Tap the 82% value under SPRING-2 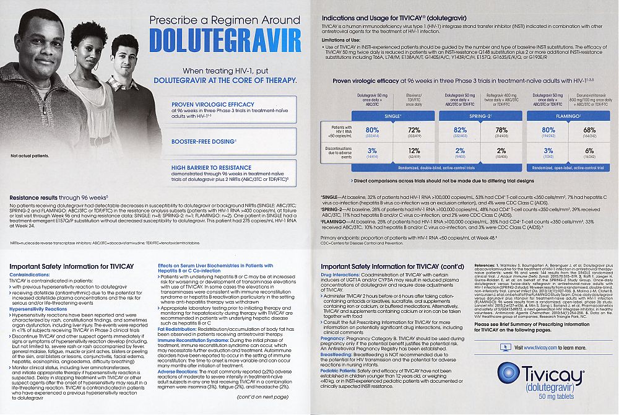coord(460,129)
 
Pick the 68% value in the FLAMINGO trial coord(589,129)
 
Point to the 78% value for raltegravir coord(502,129)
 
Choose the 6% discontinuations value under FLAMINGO coord(589,151)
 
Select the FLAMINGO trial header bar coord(568,116)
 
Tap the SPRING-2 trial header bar coord(480,116)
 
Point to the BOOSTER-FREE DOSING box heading coord(198,142)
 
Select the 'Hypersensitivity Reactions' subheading coord(38,308)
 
